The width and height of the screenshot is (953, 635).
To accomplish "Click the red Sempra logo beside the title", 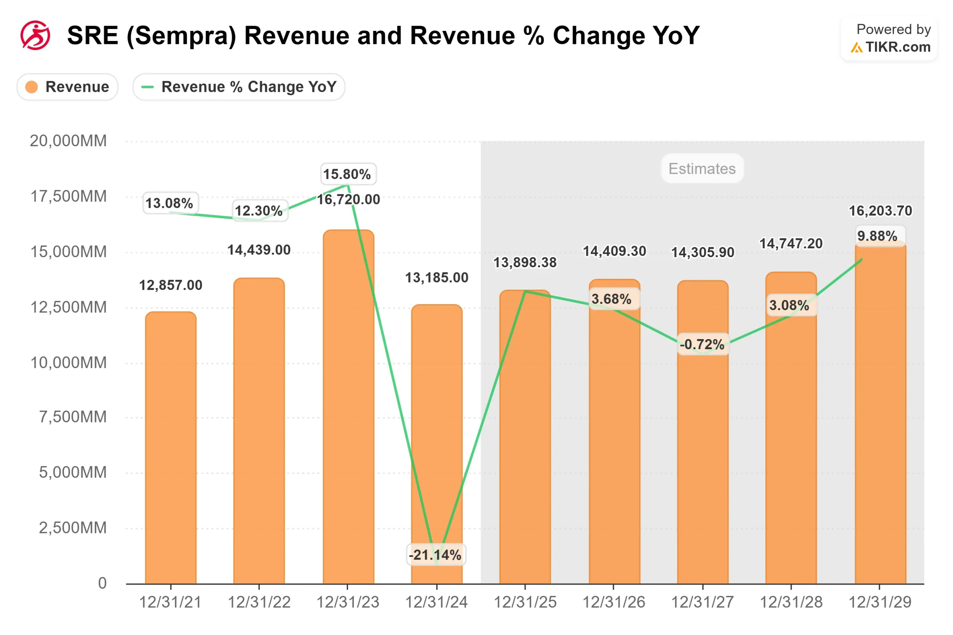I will point(35,35).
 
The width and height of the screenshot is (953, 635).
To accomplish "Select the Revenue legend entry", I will point(67,87).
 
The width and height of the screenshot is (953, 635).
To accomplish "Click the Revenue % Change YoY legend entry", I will point(239,87).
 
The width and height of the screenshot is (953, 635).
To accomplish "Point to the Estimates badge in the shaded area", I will point(701,169).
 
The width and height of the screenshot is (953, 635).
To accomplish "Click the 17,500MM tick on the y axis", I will point(68,197).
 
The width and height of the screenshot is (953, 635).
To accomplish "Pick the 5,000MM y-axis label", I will point(73,472).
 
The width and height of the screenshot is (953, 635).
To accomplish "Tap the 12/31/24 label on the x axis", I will point(436,602).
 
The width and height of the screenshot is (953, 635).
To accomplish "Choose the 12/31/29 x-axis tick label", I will point(879,602).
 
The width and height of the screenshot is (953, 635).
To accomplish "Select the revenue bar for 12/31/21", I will point(170,446).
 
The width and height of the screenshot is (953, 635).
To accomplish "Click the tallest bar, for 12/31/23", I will point(348,405).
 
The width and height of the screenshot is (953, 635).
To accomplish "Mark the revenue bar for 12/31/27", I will point(702,446).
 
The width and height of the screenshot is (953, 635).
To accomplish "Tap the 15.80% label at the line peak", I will point(347,174).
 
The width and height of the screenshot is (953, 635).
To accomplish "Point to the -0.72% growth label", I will point(702,344).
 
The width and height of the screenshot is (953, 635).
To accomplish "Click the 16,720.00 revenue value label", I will point(348,199).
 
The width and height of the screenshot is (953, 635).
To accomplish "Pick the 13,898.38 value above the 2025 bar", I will point(525,262).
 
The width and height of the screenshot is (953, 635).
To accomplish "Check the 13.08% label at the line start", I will point(170,203).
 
